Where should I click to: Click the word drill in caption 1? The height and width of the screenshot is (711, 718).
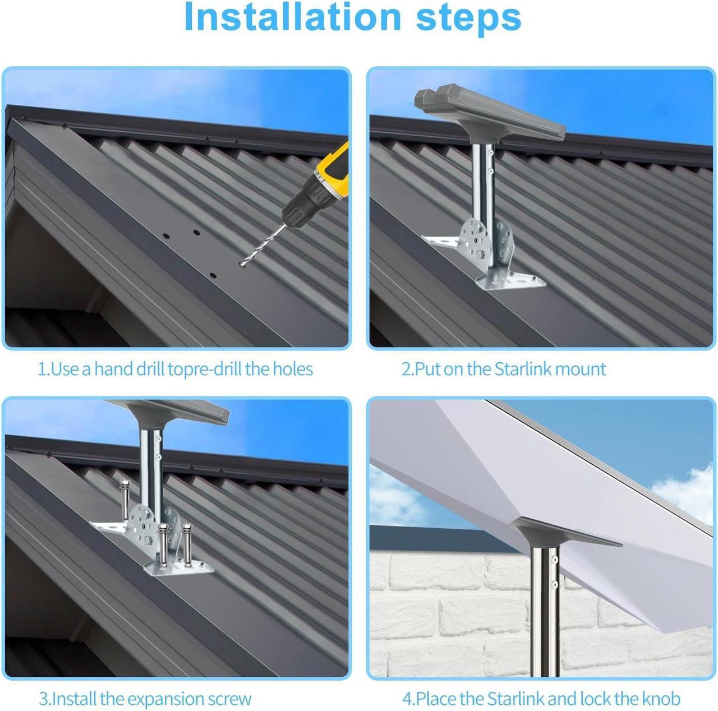point(150,369)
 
